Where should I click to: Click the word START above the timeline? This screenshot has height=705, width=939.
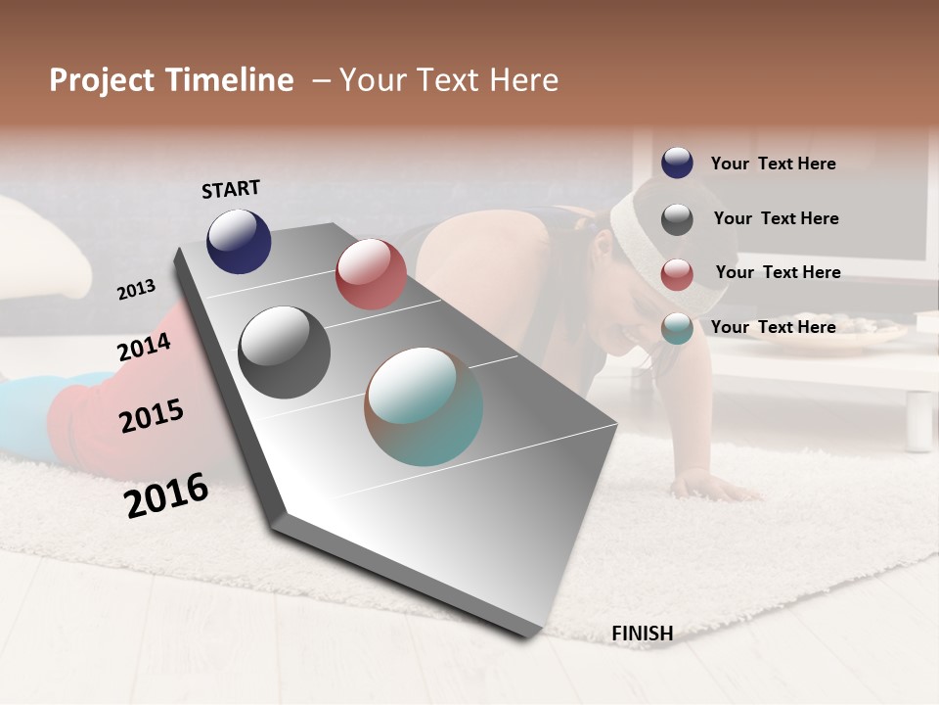tap(231, 189)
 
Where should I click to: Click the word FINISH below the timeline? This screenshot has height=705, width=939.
tap(642, 634)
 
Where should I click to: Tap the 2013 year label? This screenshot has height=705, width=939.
tap(137, 289)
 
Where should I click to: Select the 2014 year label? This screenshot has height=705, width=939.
tap(144, 347)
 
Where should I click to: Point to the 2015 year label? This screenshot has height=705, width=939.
tap(152, 416)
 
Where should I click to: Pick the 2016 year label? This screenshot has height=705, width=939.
tap(166, 494)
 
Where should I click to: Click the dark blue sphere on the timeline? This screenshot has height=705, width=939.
tap(239, 241)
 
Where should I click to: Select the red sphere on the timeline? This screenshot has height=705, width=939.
tap(371, 274)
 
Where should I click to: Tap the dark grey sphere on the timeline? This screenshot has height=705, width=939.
tap(285, 352)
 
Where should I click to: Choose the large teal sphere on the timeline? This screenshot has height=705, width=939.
tap(424, 406)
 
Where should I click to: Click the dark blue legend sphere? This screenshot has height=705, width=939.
tap(677, 163)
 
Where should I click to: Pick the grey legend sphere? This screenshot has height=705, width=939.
tap(677, 218)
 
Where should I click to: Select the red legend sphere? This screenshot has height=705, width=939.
tap(677, 274)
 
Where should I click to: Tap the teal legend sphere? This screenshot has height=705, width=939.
tap(677, 328)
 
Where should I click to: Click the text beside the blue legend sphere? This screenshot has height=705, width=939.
tap(773, 164)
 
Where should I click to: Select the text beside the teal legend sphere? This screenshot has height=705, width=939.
tap(773, 327)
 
